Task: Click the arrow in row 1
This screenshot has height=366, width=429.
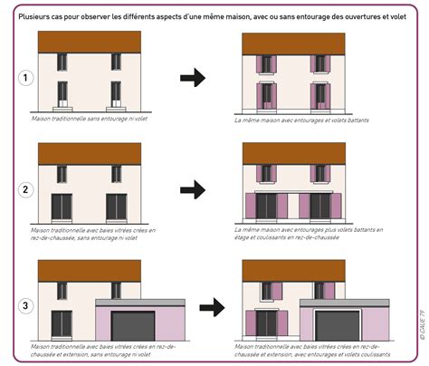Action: tap(193, 77)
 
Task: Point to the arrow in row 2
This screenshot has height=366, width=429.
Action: tap(193, 189)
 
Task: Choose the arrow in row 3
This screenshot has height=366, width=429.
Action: tap(212, 307)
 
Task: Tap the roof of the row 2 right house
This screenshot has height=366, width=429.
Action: tap(294, 152)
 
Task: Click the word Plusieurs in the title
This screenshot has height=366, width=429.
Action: tap(36, 15)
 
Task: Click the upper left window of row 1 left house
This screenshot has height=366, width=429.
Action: tap(62, 62)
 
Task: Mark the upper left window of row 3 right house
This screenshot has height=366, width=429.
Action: tap(267, 290)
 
